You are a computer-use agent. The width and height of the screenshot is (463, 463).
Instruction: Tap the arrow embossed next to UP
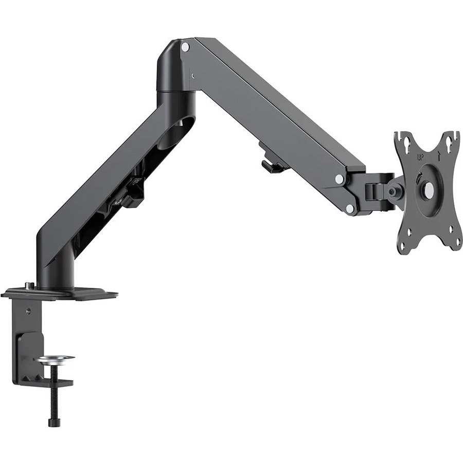438,155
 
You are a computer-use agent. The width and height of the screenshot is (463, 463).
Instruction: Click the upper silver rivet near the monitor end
340,179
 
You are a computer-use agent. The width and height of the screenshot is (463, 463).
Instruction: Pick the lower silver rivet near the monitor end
350,208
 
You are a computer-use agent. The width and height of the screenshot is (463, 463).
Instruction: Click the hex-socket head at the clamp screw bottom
54,422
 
